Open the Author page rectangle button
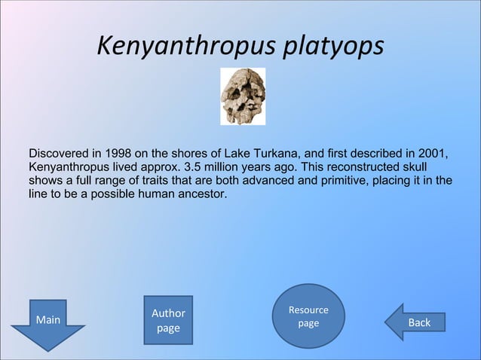[x=168, y=320]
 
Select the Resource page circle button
[x=308, y=316]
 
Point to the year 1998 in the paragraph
[x=120, y=154]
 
